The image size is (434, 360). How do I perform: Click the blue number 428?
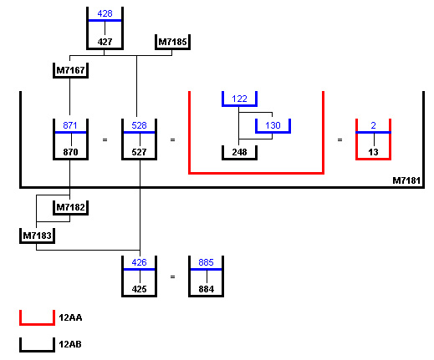[105, 13]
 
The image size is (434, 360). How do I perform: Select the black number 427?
[105, 42]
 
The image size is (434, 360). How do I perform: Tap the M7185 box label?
[172, 42]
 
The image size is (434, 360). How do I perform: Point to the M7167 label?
[70, 70]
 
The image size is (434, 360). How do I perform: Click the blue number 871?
[70, 125]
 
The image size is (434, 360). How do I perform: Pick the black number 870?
[70, 152]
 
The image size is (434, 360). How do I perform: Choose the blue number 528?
[139, 125]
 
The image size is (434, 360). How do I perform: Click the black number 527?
[139, 152]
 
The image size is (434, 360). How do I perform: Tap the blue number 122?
[239, 99]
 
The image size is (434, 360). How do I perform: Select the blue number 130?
[273, 125]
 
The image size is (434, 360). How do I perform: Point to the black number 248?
[239, 152]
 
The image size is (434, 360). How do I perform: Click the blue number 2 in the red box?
[374, 125]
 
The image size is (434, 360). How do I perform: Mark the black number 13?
[373, 152]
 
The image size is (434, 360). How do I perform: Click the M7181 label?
[406, 180]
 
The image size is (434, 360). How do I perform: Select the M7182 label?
[70, 207]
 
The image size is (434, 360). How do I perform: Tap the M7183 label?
[37, 236]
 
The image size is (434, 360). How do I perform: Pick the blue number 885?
[206, 262]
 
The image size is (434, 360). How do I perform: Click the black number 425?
[139, 289]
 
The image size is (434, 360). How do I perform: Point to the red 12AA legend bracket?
[37, 324]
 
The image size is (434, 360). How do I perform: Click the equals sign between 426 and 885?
[172, 277]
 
